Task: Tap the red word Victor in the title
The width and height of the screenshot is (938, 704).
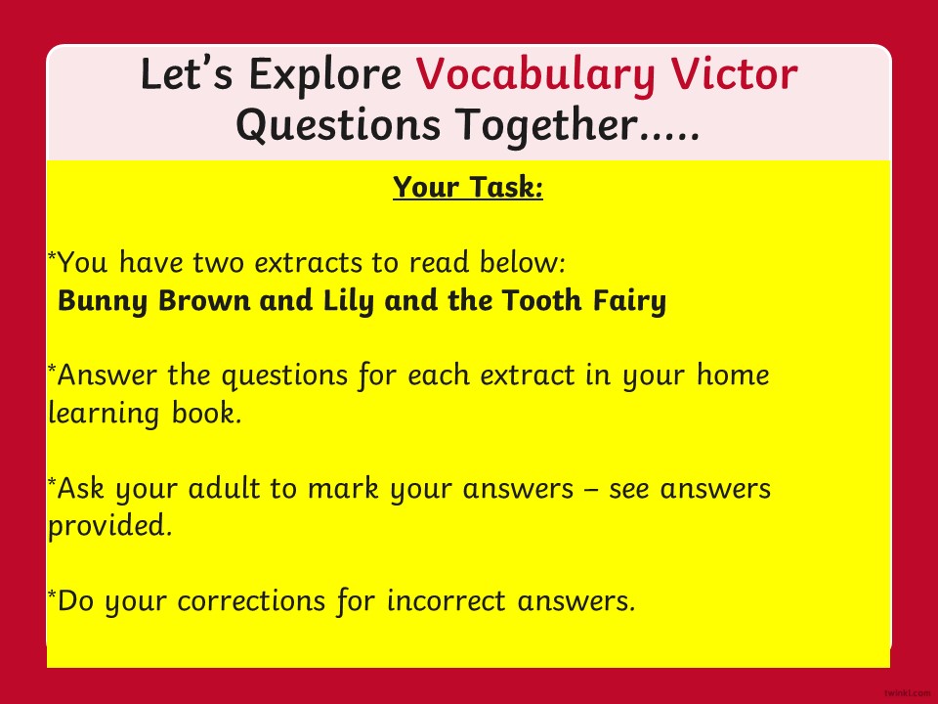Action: click(x=734, y=73)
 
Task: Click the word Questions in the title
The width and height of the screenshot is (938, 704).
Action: click(x=338, y=126)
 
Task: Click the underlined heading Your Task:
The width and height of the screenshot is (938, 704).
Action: click(x=468, y=188)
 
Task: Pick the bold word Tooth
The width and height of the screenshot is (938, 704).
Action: click(x=541, y=300)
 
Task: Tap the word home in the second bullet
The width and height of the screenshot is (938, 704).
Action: click(x=733, y=375)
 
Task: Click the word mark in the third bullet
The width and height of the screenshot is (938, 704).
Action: click(x=343, y=488)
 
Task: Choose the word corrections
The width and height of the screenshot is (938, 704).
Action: click(x=251, y=601)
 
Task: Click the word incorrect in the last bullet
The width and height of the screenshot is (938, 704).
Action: click(x=446, y=601)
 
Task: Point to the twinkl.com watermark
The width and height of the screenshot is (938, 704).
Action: click(x=907, y=692)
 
